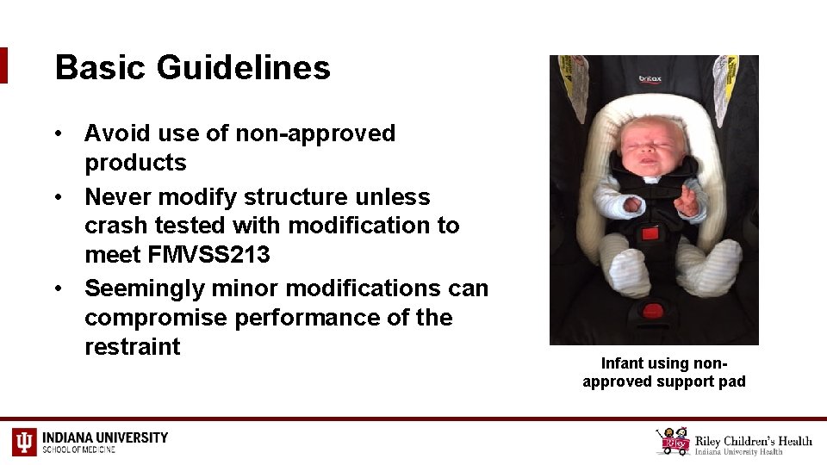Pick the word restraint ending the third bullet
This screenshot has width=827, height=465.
[x=133, y=347]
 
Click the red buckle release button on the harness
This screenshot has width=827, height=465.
[x=650, y=235]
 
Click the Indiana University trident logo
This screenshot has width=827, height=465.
[x=24, y=441]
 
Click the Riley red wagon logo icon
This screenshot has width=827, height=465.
[x=673, y=441]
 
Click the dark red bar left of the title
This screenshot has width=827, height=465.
[x=3, y=65]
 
